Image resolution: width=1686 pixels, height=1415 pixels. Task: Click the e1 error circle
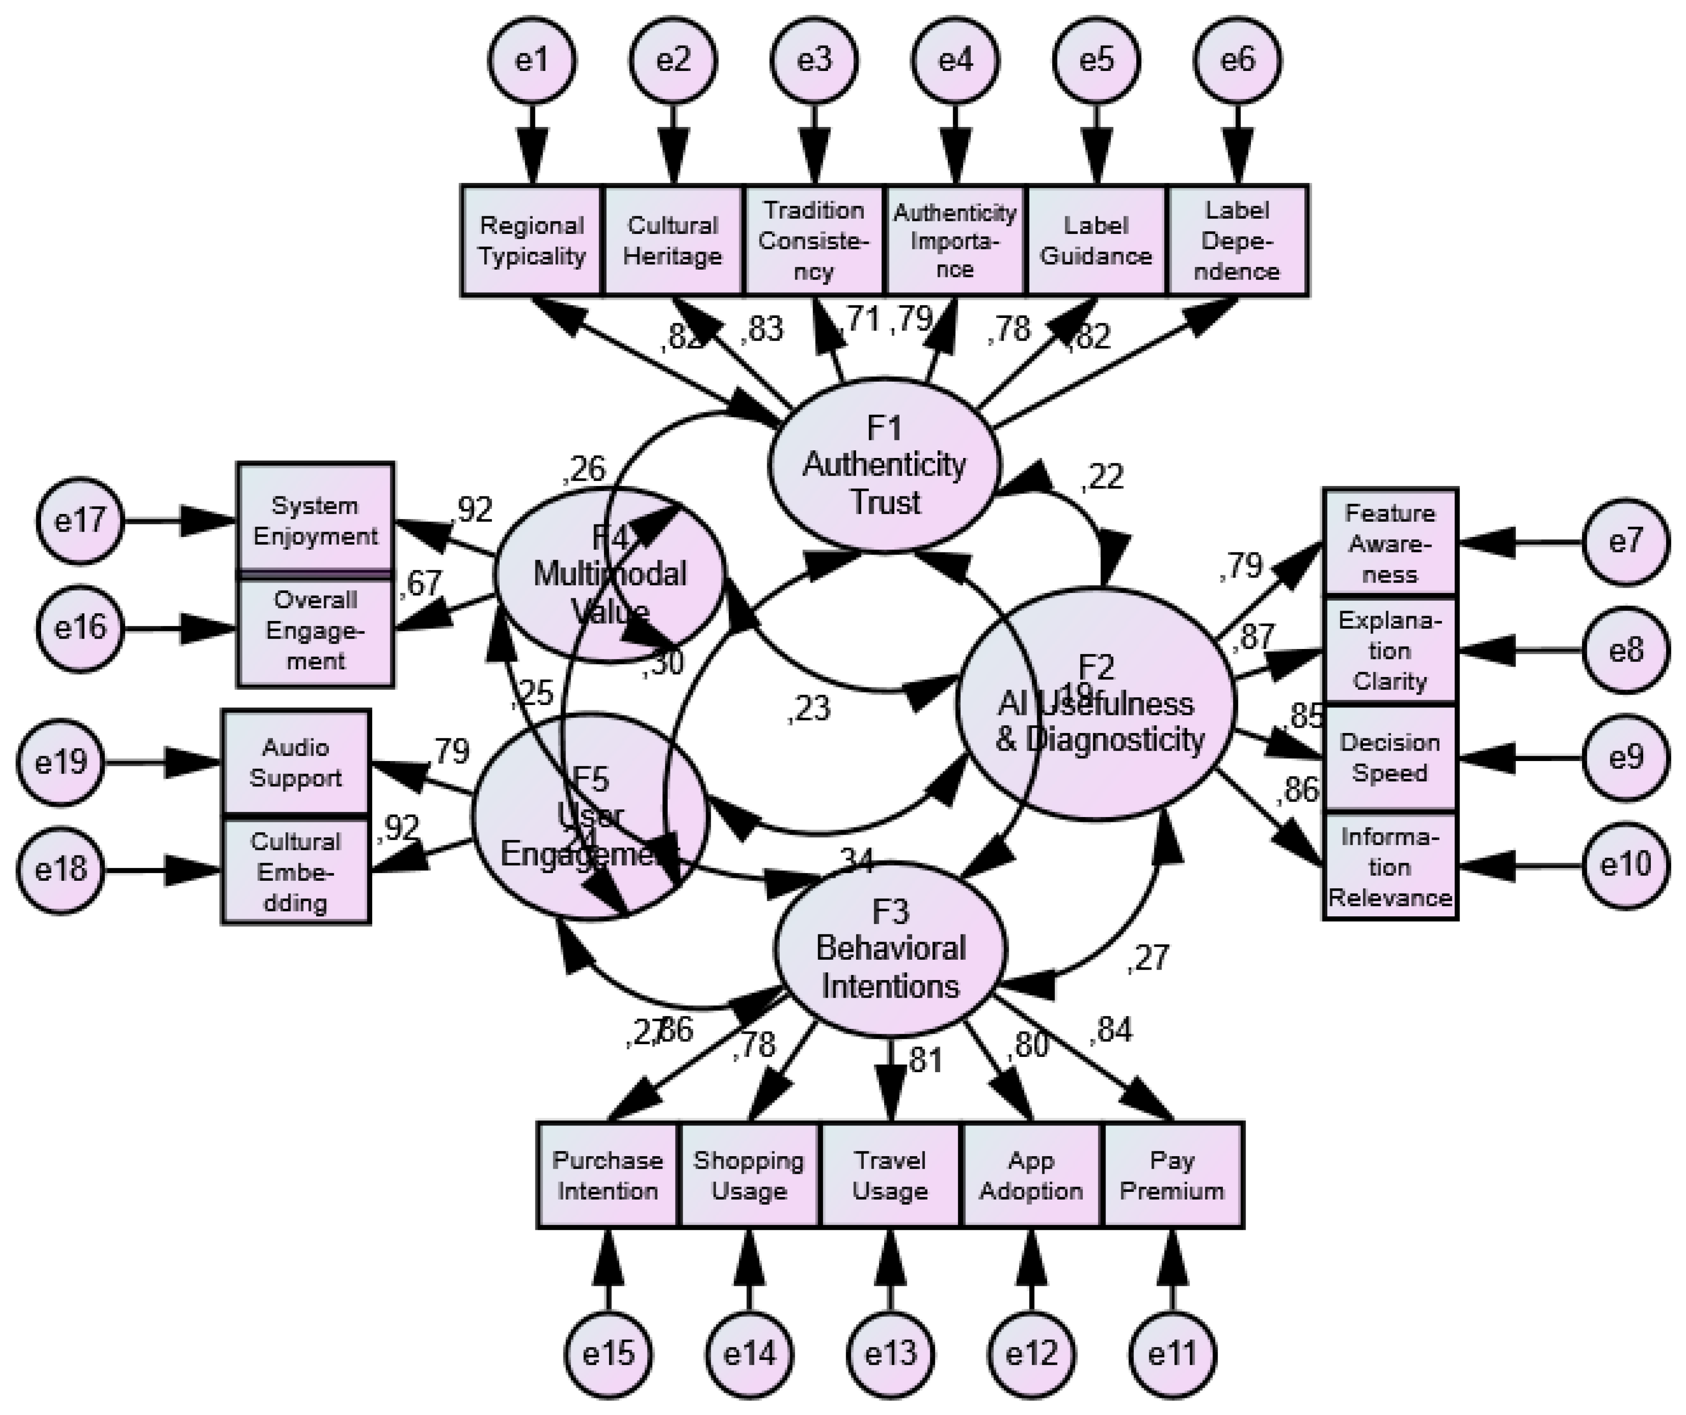(531, 60)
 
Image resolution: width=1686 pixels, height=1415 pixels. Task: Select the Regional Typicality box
(531, 241)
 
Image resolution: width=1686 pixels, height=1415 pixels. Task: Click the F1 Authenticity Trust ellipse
(885, 466)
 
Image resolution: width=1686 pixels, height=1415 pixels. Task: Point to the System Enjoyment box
(315, 520)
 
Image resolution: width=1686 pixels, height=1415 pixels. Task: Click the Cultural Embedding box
(295, 872)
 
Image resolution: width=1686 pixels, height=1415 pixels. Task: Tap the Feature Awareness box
(1390, 542)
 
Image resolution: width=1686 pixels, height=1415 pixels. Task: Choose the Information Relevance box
(1390, 867)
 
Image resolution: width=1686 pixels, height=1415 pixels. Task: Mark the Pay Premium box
(1173, 1175)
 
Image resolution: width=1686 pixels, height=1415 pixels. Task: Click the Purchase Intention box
(608, 1175)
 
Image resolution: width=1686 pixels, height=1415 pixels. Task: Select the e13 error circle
(890, 1355)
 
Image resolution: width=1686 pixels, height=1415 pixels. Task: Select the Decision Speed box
(1390, 758)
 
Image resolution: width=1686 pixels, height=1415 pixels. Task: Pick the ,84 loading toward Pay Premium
(1111, 1030)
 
